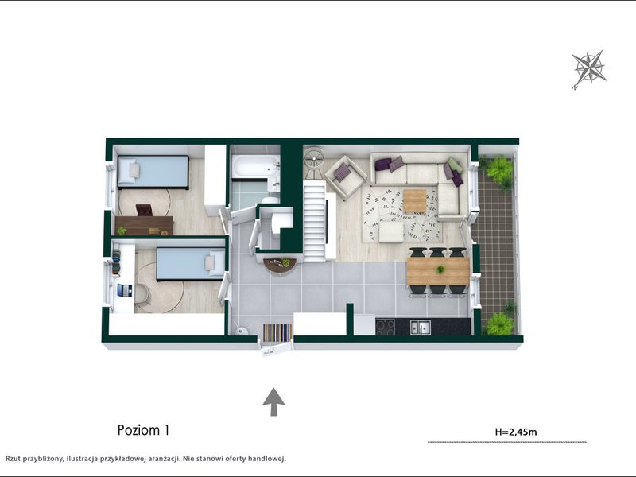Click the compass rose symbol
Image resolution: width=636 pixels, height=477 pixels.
pyautogui.click(x=589, y=68)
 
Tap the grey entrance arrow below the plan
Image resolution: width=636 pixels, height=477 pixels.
pyautogui.click(x=273, y=401)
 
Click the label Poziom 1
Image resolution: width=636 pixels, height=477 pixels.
pyautogui.click(x=143, y=430)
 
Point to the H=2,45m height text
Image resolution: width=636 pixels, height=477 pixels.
pyautogui.click(x=516, y=432)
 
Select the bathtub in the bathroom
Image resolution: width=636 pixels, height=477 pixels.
pyautogui.click(x=254, y=167)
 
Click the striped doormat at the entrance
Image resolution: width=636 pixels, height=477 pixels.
pyautogui.click(x=277, y=332)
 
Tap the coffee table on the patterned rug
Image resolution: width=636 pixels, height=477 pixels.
pyautogui.click(x=414, y=201)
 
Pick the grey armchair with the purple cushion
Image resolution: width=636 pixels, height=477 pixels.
pyautogui.click(x=346, y=176)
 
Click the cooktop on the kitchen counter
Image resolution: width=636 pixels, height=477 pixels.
pyautogui.click(x=386, y=327)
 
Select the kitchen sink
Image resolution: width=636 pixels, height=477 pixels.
pyautogui.click(x=420, y=327)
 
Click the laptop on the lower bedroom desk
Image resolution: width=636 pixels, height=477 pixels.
pyautogui.click(x=125, y=290)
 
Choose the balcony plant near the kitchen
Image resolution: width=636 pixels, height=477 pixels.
pyautogui.click(x=500, y=320)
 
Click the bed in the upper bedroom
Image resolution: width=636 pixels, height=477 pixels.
pyautogui.click(x=153, y=172)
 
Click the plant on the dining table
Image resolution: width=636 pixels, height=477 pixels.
pyautogui.click(x=440, y=269)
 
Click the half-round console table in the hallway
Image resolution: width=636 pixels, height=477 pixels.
pyautogui.click(x=280, y=266)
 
